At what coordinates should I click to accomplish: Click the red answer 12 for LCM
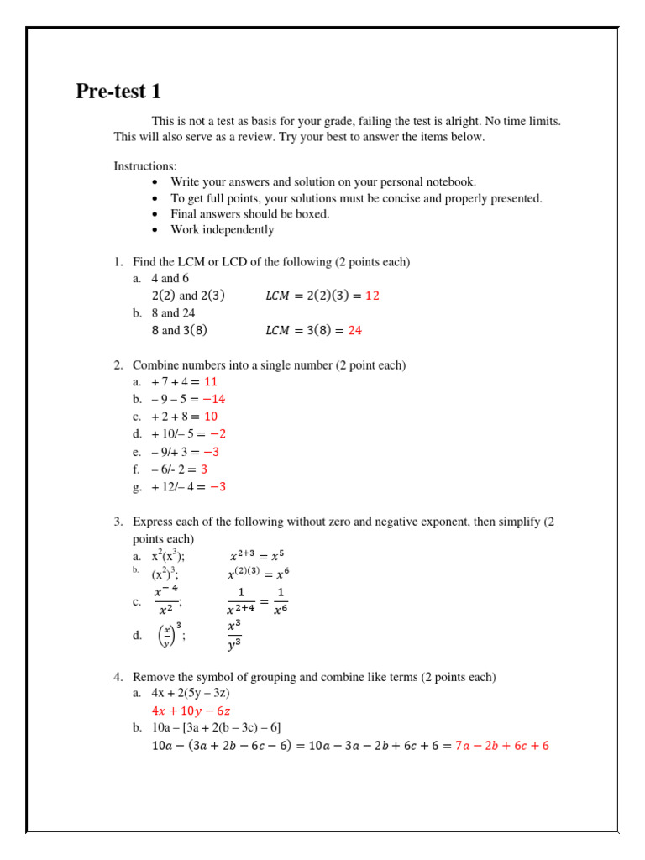pyautogui.click(x=372, y=296)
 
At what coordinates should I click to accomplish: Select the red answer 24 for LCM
pyautogui.click(x=354, y=330)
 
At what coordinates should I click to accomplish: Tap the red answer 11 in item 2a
pyautogui.click(x=211, y=381)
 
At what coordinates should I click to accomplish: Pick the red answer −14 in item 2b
pyautogui.click(x=213, y=399)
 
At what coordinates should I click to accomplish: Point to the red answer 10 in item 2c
pyautogui.click(x=211, y=417)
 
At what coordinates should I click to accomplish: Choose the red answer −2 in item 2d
pyautogui.click(x=218, y=434)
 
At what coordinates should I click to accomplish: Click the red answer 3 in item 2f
pyautogui.click(x=204, y=469)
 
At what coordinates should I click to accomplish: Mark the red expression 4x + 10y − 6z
pyautogui.click(x=191, y=711)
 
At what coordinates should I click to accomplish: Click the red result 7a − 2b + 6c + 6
pyautogui.click(x=501, y=746)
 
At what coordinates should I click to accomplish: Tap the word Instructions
pyautogui.click(x=145, y=166)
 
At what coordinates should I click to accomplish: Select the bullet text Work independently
pyautogui.click(x=223, y=229)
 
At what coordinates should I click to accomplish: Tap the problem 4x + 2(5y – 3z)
pyautogui.click(x=191, y=693)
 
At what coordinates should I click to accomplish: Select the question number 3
pyautogui.click(x=118, y=522)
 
